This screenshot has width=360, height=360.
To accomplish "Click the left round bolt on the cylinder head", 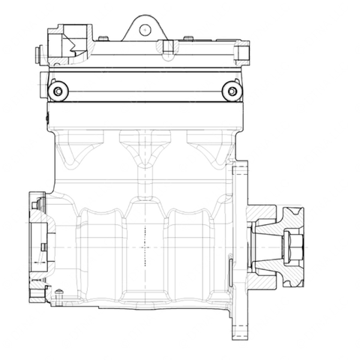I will click(x=57, y=91).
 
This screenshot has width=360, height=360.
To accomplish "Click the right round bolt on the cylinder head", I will click(x=232, y=91).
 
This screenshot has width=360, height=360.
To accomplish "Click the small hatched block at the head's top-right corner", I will click(x=242, y=49).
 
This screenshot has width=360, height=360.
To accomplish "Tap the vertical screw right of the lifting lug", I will click(x=169, y=47).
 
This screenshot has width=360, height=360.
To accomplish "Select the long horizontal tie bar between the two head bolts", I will click(x=144, y=91).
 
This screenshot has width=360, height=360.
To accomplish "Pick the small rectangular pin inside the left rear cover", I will click(x=45, y=247).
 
